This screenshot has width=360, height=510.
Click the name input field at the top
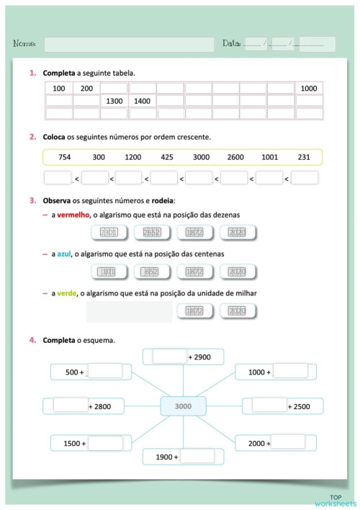pyautogui.click(x=129, y=45)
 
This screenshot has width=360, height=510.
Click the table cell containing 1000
pyautogui.click(x=309, y=89)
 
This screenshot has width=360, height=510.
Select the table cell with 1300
pyautogui.click(x=114, y=101)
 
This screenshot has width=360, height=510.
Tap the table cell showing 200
pyautogui.click(x=86, y=89)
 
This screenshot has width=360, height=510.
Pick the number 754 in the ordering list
pyautogui.click(x=65, y=157)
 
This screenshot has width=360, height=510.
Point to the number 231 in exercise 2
pyautogui.click(x=304, y=157)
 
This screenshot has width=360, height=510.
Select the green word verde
pyautogui.click(x=67, y=292)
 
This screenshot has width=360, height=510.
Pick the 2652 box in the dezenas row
pyautogui.click(x=151, y=233)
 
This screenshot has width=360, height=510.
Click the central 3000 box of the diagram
pyautogui.click(x=183, y=407)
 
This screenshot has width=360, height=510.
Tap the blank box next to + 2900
pyautogui.click(x=169, y=357)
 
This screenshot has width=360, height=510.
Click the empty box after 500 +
pyautogui.click(x=104, y=372)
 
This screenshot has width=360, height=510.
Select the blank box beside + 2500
pyautogui.click(x=269, y=406)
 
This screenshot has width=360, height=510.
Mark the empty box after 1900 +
pyautogui.click(x=197, y=456)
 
